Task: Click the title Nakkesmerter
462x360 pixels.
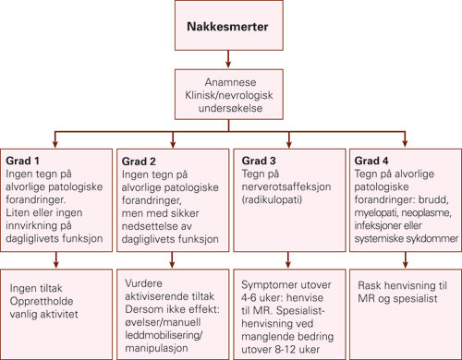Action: [231, 28]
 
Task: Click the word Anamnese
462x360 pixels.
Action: [231, 79]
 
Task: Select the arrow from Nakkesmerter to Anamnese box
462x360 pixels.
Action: [231, 57]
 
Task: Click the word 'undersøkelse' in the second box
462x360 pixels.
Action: [231, 107]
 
